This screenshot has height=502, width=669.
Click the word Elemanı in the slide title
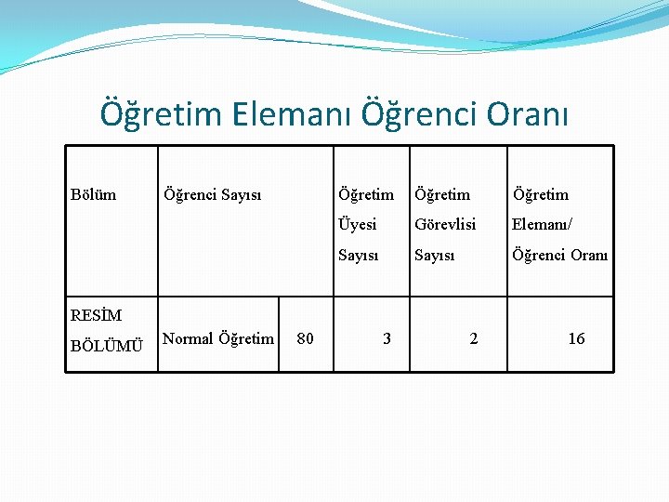tap(288, 114)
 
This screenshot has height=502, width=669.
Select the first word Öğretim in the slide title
tap(160, 114)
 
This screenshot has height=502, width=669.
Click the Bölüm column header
tap(94, 194)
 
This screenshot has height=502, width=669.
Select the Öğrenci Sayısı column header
tap(212, 194)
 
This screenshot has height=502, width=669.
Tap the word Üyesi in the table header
tap(358, 224)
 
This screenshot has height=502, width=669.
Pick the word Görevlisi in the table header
tap(445, 224)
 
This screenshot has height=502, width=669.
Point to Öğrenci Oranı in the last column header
tap(560, 255)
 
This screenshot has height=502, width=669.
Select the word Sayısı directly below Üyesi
tap(358, 255)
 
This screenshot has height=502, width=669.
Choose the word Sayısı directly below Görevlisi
tap(435, 255)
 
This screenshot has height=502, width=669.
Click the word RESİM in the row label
tap(96, 315)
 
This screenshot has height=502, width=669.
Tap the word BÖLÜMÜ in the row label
tap(107, 347)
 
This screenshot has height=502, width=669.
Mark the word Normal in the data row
tap(188, 338)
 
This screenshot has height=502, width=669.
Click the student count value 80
tap(305, 339)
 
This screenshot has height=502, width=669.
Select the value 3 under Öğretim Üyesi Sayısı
tap(387, 339)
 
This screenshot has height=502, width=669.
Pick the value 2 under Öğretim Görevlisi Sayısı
tap(474, 339)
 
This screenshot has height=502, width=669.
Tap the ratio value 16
tap(576, 339)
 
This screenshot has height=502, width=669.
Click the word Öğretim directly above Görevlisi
tap(442, 194)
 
